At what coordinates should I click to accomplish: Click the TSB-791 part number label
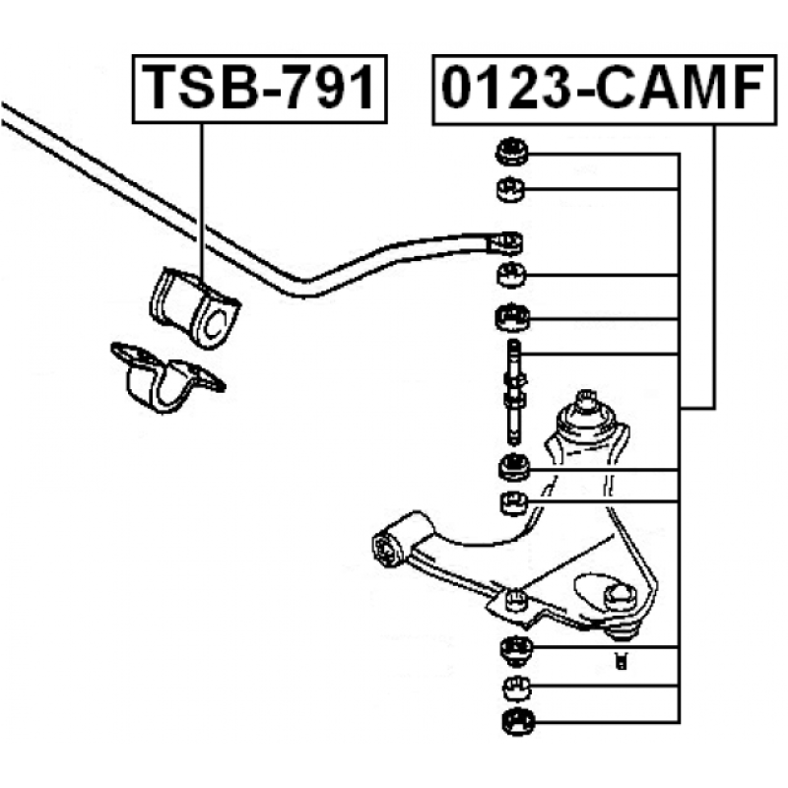point(259,89)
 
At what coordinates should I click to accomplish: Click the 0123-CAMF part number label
point(604,90)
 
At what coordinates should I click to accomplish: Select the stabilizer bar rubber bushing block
point(195,307)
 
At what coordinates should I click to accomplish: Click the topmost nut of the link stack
point(511,152)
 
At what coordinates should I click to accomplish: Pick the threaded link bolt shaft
point(513,392)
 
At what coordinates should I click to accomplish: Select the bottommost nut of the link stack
point(519,722)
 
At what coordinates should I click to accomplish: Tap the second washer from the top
point(510,189)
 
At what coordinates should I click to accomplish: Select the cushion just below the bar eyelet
point(511,276)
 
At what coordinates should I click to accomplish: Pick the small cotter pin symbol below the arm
point(622,660)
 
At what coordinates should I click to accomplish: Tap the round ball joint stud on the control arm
point(620,597)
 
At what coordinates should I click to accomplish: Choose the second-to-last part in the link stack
point(516,688)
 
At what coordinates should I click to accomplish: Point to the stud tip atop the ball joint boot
point(586,400)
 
